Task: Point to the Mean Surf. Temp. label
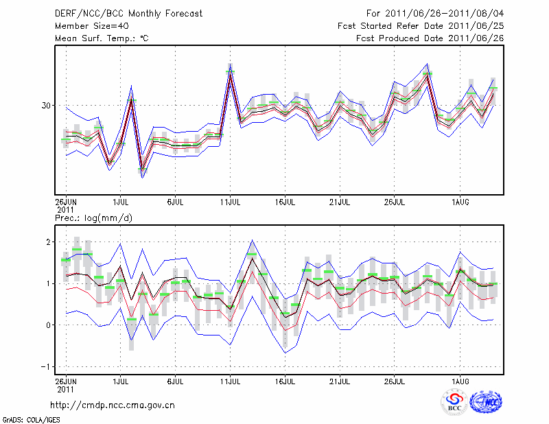pyautogui.click(x=102, y=38)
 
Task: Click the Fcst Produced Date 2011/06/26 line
pyautogui.click(x=425, y=38)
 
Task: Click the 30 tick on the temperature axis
pyautogui.click(x=47, y=106)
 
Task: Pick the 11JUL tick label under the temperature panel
pyautogui.click(x=231, y=202)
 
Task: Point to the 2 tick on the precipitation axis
pyautogui.click(x=49, y=242)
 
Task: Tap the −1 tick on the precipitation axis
pyautogui.click(x=47, y=366)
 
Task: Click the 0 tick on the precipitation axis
pyautogui.click(x=49, y=325)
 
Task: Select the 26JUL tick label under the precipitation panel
pyautogui.click(x=394, y=379)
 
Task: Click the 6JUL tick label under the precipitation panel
pyautogui.click(x=176, y=379)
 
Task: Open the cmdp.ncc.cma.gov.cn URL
pyautogui.click(x=113, y=405)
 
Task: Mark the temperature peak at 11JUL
pyautogui.click(x=231, y=68)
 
